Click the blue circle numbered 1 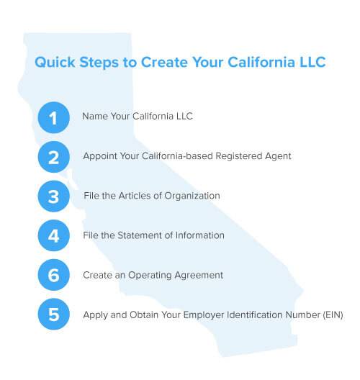tap(53, 117)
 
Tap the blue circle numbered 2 tap(53, 157)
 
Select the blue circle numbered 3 tap(53, 196)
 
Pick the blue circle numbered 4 tap(53, 235)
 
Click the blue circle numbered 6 tap(53, 275)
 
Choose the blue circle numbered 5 tap(53, 314)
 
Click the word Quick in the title tap(55, 63)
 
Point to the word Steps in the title tap(99, 63)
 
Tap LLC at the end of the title tap(312, 62)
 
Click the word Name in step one tap(95, 117)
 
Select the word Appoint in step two tap(100, 156)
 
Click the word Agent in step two tap(278, 156)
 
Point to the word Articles tap(135, 196)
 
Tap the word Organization tap(192, 196)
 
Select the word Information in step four tap(200, 235)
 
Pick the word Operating tap(150, 276)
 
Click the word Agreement tap(199, 276)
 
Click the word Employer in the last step tap(203, 315)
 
